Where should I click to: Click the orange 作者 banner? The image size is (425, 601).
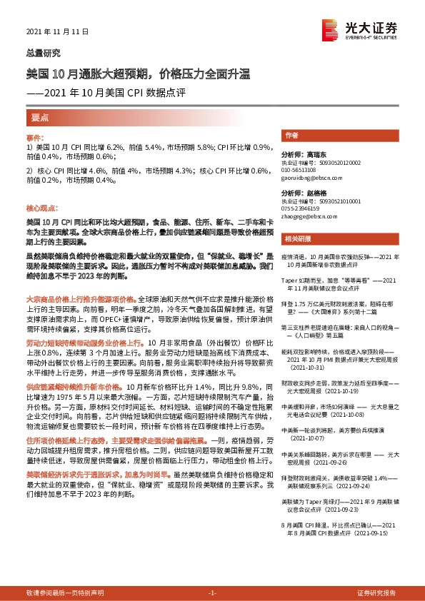[291, 135]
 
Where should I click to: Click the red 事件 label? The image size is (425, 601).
[35, 137]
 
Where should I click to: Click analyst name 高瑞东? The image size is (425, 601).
[314, 153]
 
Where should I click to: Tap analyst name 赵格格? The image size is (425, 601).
[314, 193]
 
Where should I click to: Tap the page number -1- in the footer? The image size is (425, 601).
[212, 592]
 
